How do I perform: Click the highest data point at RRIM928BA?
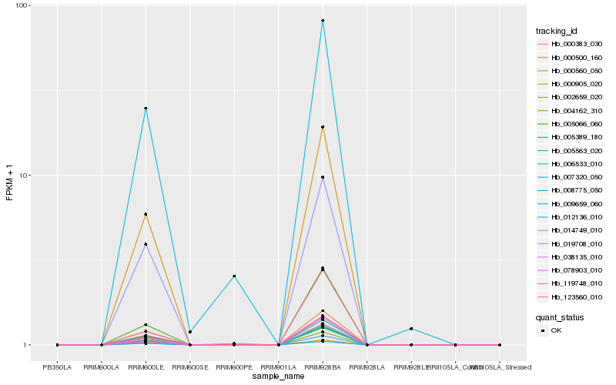coord(323,21)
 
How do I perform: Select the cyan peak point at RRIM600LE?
coord(146,109)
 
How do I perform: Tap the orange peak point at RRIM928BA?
coord(323,127)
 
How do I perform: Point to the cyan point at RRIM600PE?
coord(234,276)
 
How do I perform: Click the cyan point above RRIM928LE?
coord(411,329)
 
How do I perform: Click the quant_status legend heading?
coord(560,316)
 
